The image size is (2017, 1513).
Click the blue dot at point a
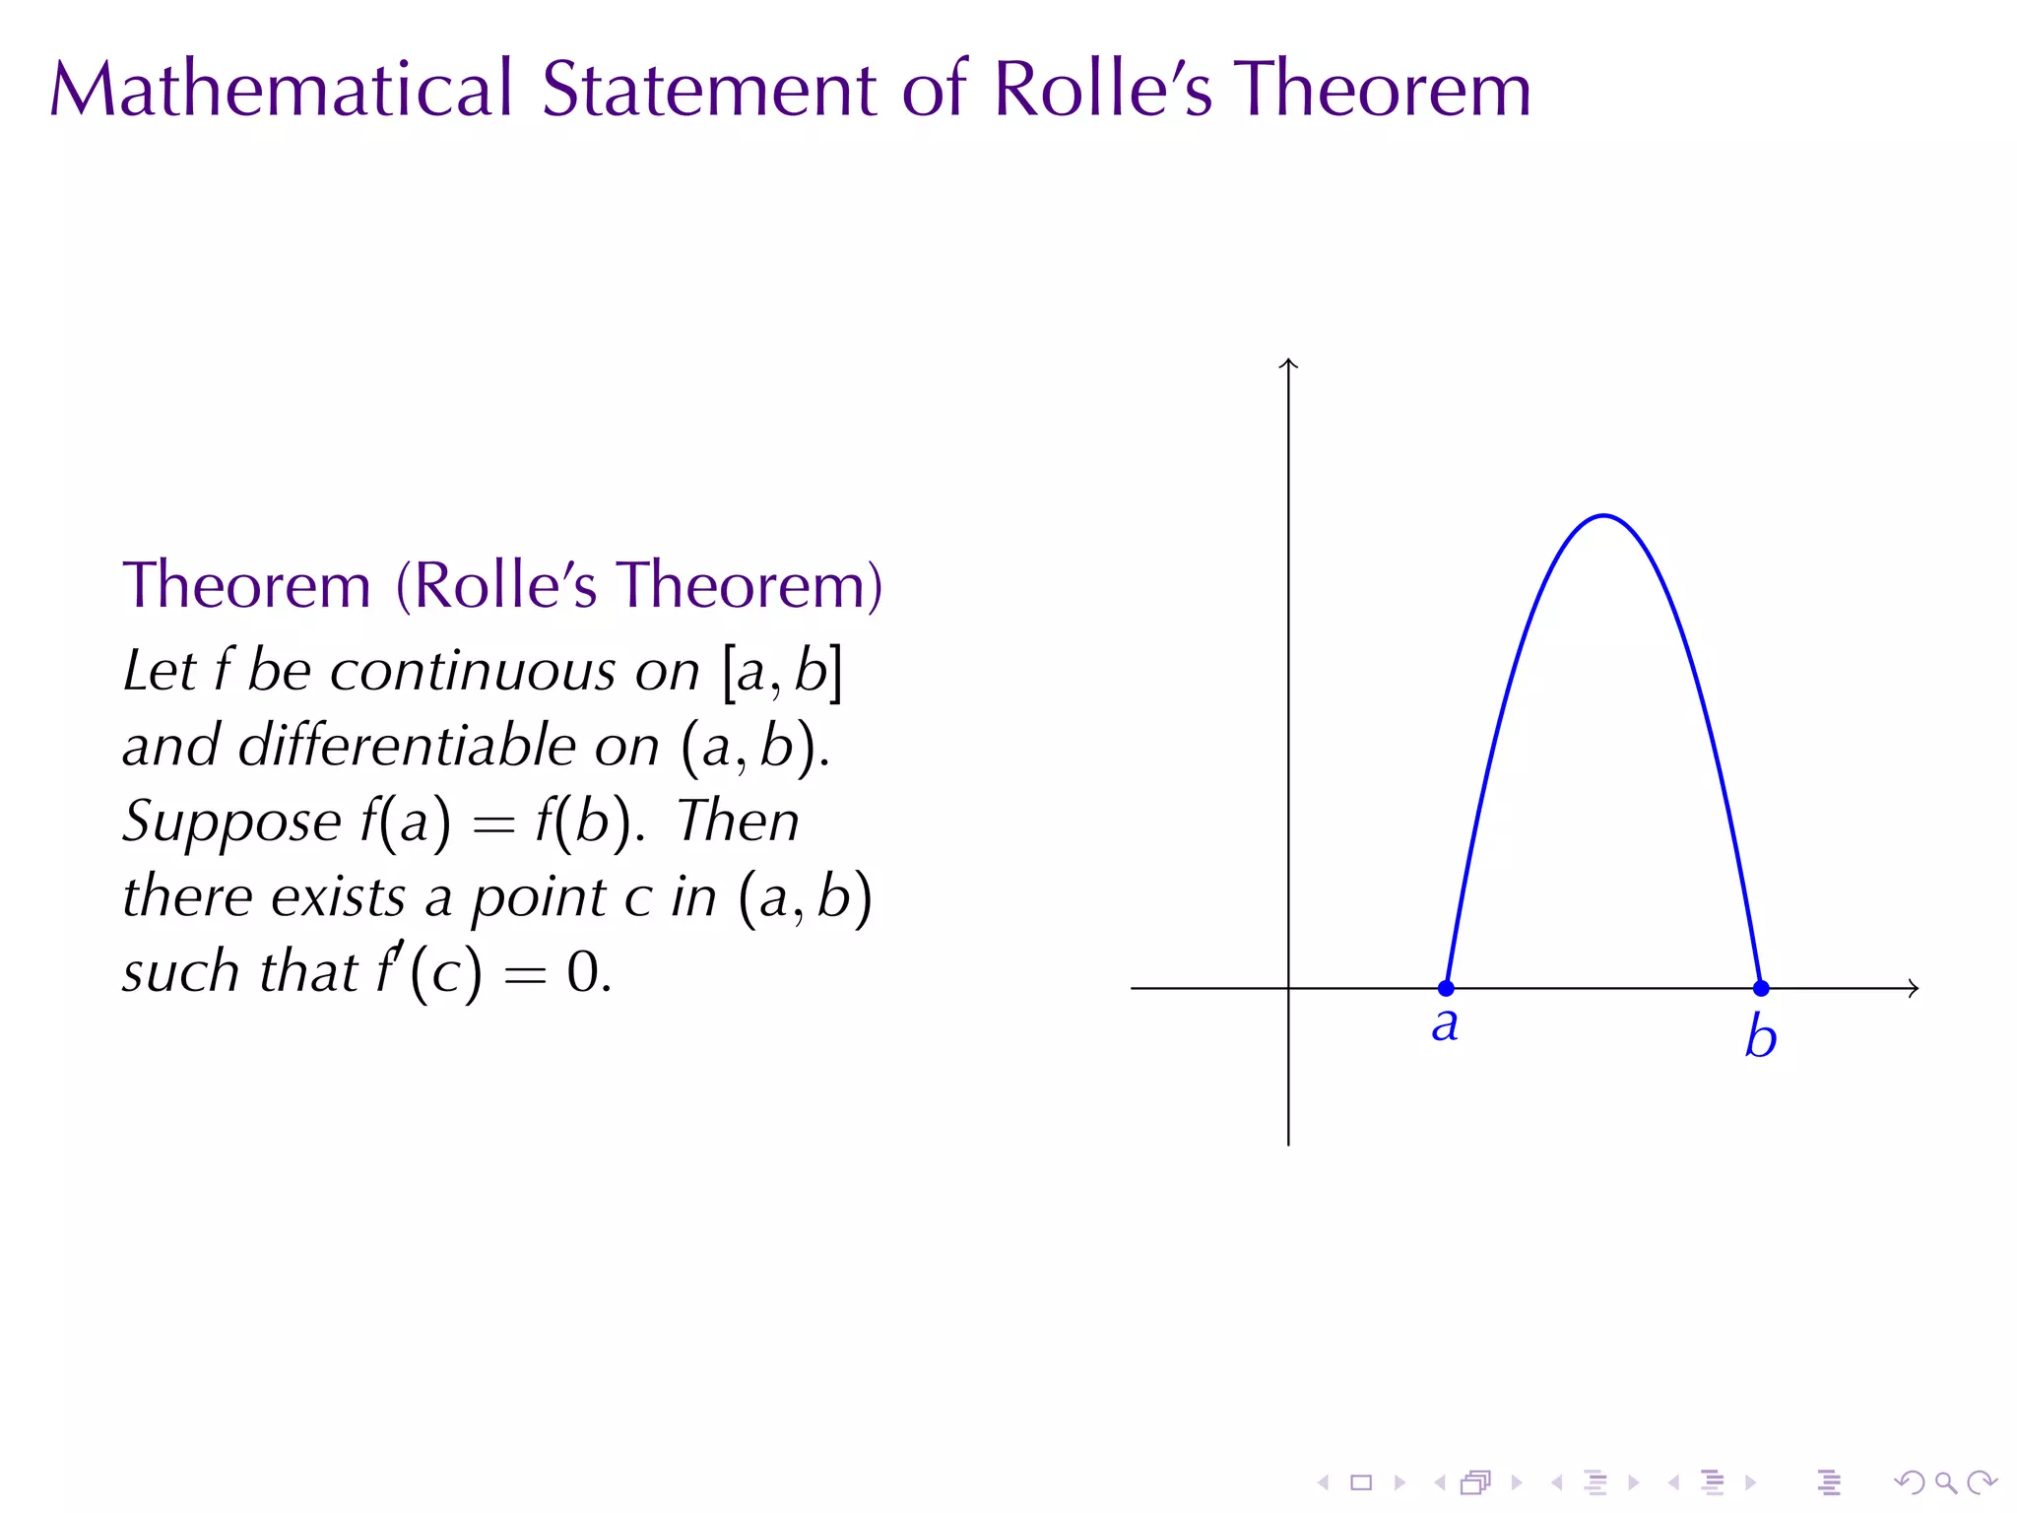click(1446, 988)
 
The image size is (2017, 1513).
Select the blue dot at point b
click(1761, 988)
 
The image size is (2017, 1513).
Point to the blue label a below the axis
click(1445, 1025)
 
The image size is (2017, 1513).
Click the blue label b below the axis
click(1760, 1036)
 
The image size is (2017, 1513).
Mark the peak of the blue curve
click(1604, 515)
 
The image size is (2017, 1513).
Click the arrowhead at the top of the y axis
click(1288, 362)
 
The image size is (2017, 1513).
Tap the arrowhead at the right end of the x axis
click(1914, 988)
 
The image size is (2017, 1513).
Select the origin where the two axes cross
click(1288, 988)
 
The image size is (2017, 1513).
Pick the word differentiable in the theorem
click(407, 746)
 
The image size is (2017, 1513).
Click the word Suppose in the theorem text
click(231, 822)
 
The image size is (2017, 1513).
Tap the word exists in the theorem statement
click(338, 897)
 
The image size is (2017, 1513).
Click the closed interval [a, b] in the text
click(783, 672)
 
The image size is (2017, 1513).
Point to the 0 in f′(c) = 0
click(583, 972)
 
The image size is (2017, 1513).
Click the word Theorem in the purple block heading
click(246, 585)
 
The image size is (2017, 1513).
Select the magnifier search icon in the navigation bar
click(1945, 1482)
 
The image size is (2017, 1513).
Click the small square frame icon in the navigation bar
click(1361, 1482)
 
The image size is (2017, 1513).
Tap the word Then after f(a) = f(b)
click(738, 822)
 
